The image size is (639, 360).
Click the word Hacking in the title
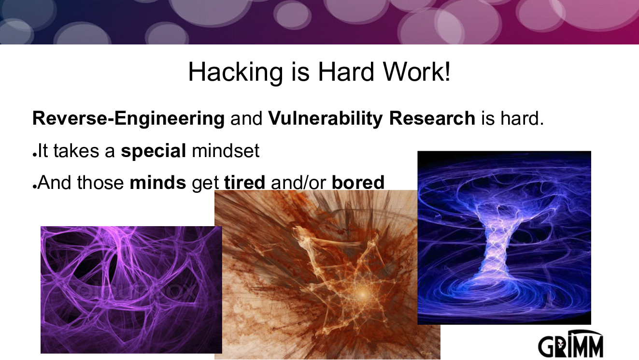[x=236, y=72]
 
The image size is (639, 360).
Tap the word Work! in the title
[x=416, y=72]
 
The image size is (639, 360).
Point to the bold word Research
[x=432, y=118]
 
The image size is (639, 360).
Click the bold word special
[x=154, y=151]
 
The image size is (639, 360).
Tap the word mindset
[x=226, y=150]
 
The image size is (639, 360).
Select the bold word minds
[x=158, y=182]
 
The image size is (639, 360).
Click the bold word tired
[x=244, y=182]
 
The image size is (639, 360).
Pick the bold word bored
[x=358, y=182]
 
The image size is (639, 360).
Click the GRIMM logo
[x=570, y=344]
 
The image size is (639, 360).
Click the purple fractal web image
[x=131, y=290]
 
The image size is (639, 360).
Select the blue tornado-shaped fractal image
[x=504, y=238]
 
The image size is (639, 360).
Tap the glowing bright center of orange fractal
[x=362, y=294]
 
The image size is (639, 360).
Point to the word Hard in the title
[x=345, y=72]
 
